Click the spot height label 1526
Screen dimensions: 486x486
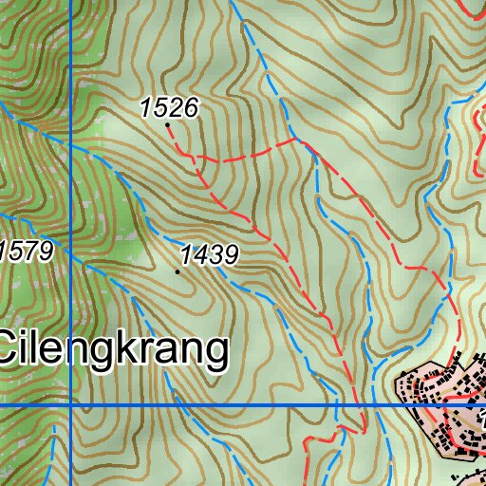(169, 108)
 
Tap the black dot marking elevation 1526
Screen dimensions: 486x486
(168, 123)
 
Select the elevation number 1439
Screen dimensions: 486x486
(207, 254)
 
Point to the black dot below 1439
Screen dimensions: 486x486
(178, 271)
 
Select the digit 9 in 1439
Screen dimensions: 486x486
(229, 254)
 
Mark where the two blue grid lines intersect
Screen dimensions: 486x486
(71, 405)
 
